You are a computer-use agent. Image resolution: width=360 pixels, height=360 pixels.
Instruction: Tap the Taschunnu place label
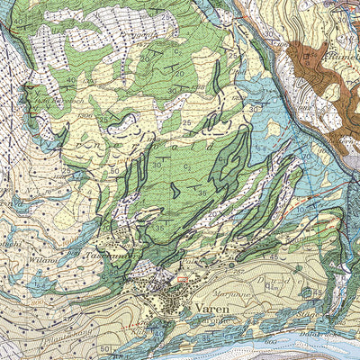click(x=119, y=255)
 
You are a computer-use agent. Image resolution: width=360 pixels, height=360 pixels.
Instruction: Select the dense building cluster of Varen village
click(x=171, y=292)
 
